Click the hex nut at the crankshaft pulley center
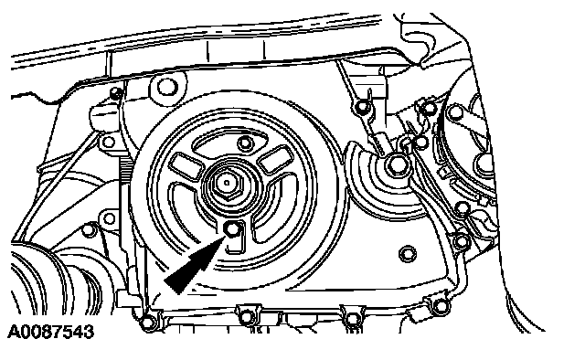point(227,183)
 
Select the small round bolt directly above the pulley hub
point(245,143)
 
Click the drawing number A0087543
point(51,332)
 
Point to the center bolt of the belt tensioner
point(396,164)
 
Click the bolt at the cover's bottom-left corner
point(148,322)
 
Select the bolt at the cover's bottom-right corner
point(441,306)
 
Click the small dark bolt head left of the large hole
point(117,92)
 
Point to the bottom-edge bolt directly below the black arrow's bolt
point(246,317)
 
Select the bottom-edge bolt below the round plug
point(352,319)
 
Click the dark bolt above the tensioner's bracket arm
point(362,107)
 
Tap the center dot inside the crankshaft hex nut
point(227,183)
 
